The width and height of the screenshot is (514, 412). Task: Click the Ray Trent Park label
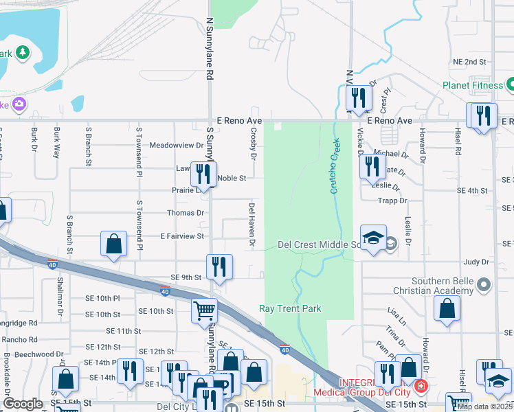pyautogui.click(x=291, y=309)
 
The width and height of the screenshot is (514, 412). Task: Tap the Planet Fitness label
pyautogui.click(x=473, y=86)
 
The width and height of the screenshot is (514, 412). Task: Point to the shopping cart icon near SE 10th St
pyautogui.click(x=205, y=310)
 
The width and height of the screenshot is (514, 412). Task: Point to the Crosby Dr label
pyautogui.click(x=253, y=144)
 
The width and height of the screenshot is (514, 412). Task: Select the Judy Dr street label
pyautogui.click(x=476, y=262)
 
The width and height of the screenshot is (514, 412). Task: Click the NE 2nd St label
pyautogui.click(x=469, y=62)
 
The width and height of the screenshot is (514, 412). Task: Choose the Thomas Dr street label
pyautogui.click(x=190, y=213)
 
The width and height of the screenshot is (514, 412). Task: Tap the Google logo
pyautogui.click(x=23, y=404)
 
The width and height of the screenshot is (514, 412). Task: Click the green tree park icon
pyautogui.click(x=23, y=52)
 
